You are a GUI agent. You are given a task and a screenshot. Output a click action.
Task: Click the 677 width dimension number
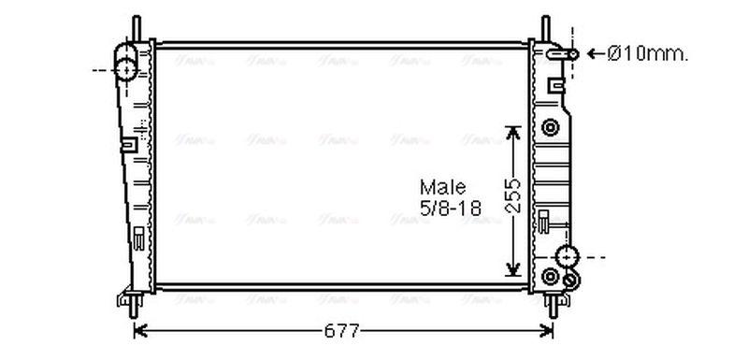click(x=341, y=331)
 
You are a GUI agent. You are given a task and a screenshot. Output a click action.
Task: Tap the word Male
click(x=442, y=187)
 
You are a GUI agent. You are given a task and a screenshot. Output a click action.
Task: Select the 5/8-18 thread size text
click(x=450, y=209)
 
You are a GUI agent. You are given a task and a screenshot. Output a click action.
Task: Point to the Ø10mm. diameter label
click(x=648, y=54)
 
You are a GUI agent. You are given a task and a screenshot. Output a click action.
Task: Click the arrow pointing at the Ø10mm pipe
click(x=592, y=54)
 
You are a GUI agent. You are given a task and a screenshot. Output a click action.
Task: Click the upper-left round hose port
click(x=126, y=68)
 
